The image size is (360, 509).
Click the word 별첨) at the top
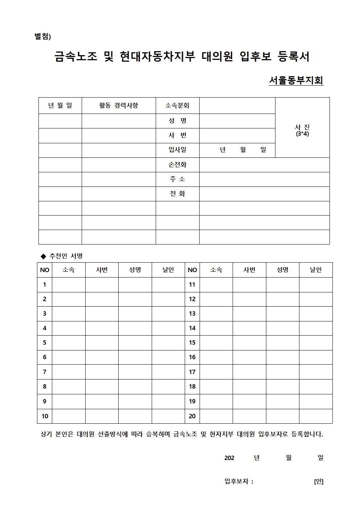pos(43,37)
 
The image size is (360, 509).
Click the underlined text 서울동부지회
pos(296,81)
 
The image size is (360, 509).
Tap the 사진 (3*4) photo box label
pos(302,130)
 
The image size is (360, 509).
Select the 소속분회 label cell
pos(177,106)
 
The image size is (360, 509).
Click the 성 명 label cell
pos(177,121)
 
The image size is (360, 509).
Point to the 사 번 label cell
pos(177,135)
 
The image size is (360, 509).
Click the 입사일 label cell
pos(177,149)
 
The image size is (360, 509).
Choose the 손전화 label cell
pos(177,165)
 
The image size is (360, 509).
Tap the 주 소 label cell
pos(177,179)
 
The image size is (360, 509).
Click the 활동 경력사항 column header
pos(119,106)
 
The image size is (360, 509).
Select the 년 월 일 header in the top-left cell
pos(60,106)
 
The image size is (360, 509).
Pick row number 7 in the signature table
pos(45,372)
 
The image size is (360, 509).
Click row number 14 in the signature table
pos(192,328)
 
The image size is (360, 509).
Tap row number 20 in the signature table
pos(192,416)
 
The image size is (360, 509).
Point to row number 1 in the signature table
pos(45,284)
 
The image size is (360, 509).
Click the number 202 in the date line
pos(229,458)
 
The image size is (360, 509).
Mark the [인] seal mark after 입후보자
pos(319,481)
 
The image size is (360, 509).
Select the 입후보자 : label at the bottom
pos(239,481)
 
